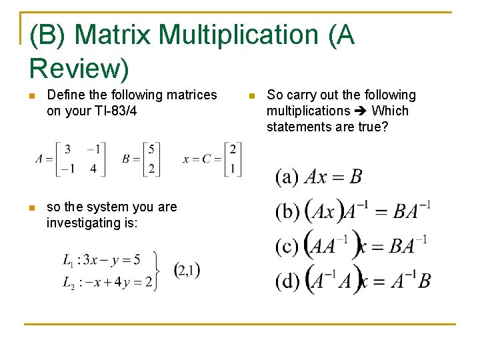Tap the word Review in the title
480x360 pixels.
point(79,67)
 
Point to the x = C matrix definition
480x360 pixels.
point(212,159)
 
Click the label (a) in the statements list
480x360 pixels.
point(287,177)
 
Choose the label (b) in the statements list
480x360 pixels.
point(288,212)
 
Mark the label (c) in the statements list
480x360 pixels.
point(287,247)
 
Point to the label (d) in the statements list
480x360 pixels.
point(288,281)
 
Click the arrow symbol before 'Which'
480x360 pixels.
point(361,111)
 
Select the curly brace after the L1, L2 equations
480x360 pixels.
point(159,269)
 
